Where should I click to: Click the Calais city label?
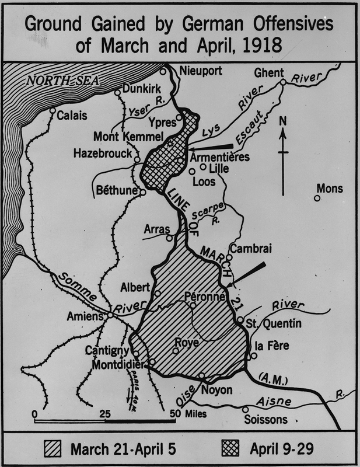[x=72, y=116]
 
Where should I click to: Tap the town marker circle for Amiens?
[x=110, y=315]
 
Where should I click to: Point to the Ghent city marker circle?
[x=282, y=83]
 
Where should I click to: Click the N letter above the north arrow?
[x=283, y=121]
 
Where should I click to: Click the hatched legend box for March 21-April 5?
[x=55, y=449]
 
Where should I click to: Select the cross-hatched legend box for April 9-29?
[x=232, y=449]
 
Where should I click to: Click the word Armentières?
[x=220, y=158]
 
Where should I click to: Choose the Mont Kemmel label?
[x=122, y=137]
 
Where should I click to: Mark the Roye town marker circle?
[x=175, y=351]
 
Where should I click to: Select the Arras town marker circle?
[x=169, y=238]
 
